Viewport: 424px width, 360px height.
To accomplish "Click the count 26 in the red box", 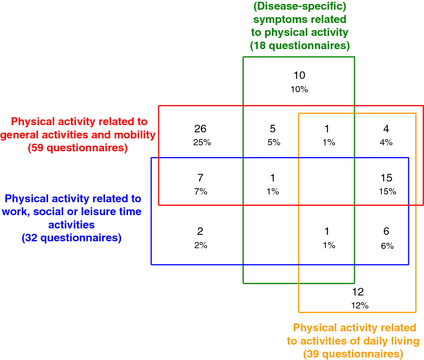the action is click(x=200, y=129).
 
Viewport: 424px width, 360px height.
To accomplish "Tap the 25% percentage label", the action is click(x=202, y=142).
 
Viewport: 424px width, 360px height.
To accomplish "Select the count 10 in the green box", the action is click(x=300, y=75).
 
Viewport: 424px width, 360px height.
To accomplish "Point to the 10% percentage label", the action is click(x=299, y=89).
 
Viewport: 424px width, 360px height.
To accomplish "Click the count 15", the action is click(x=387, y=178).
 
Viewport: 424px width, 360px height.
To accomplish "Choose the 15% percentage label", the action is click(x=388, y=191).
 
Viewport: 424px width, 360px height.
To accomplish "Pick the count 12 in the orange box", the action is click(x=358, y=292).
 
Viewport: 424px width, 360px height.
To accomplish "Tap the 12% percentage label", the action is click(x=360, y=306).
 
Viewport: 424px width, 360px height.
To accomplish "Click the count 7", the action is click(x=200, y=178).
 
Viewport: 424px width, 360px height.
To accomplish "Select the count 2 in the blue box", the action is click(x=200, y=231).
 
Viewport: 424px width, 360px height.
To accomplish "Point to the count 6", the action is click(x=386, y=231).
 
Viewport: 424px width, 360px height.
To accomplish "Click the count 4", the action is click(x=386, y=129).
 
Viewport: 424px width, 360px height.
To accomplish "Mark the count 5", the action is click(x=273, y=129).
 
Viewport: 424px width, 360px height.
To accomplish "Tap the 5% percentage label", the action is click(x=274, y=142).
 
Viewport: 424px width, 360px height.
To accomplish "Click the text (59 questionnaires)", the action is click(x=78, y=148).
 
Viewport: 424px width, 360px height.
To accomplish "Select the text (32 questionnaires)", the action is click(x=72, y=238).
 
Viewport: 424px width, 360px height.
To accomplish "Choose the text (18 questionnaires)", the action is click(x=300, y=46).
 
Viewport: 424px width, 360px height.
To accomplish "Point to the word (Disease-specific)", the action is click(x=300, y=6).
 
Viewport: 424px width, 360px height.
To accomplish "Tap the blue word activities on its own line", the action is click(x=72, y=225).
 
